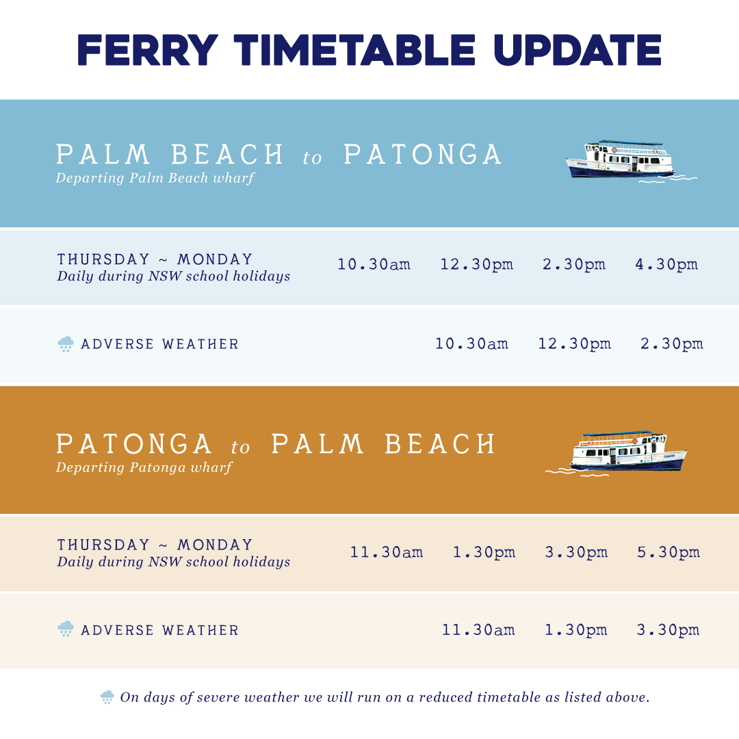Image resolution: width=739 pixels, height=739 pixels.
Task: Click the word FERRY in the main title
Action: pyautogui.click(x=148, y=49)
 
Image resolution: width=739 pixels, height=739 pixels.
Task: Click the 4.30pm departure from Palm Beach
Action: pyautogui.click(x=666, y=264)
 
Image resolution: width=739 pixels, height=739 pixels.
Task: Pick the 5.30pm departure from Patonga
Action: pyautogui.click(x=669, y=552)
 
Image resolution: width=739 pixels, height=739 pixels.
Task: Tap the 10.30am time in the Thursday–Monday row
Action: pyautogui.click(x=374, y=264)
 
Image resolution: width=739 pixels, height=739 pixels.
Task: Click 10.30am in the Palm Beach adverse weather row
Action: pyautogui.click(x=471, y=343)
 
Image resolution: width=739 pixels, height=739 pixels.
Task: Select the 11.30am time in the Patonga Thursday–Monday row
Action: pyautogui.click(x=387, y=552)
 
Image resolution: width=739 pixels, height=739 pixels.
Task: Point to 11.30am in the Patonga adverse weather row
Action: pyautogui.click(x=478, y=630)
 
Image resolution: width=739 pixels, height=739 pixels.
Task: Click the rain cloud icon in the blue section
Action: pyautogui.click(x=66, y=343)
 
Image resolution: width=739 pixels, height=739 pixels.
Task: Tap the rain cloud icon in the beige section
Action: pyautogui.click(x=66, y=630)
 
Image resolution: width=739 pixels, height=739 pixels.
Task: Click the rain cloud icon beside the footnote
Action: pyautogui.click(x=107, y=697)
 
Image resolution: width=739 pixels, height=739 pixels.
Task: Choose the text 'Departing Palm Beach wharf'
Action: pyautogui.click(x=155, y=179)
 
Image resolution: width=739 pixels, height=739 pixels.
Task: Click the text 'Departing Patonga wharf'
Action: pyautogui.click(x=144, y=468)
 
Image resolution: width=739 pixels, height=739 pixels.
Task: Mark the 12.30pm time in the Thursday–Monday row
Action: pyautogui.click(x=476, y=264)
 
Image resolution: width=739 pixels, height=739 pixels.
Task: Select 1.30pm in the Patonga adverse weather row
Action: pyautogui.click(x=575, y=630)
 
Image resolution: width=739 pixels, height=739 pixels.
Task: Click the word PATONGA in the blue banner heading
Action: pyautogui.click(x=422, y=155)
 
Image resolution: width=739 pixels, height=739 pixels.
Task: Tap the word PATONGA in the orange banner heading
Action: pyautogui.click(x=134, y=444)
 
